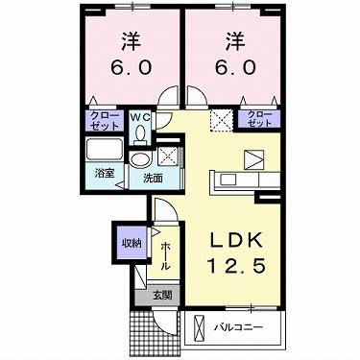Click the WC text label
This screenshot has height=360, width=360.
pos(140,117)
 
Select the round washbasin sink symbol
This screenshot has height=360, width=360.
pos(141,159)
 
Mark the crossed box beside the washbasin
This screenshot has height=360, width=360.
pos(169,156)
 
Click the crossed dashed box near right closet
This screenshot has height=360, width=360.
pos(220,120)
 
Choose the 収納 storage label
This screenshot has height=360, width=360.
pos(128,243)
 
